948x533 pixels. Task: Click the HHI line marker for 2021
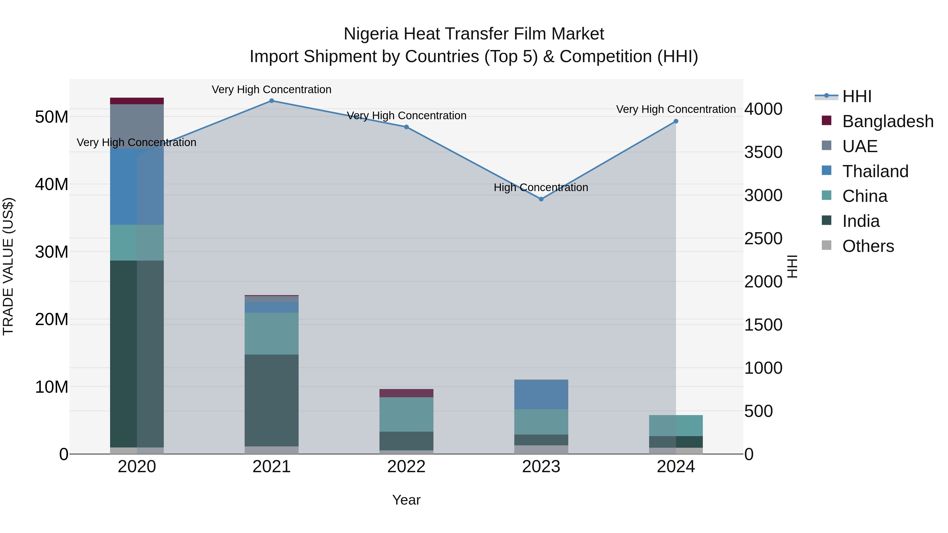pos(271,101)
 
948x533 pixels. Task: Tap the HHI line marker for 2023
pos(541,199)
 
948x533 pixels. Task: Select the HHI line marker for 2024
pos(676,121)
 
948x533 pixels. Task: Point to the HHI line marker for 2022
pos(406,127)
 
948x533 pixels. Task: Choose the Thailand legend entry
pos(875,171)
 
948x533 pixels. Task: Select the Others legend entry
pos(868,246)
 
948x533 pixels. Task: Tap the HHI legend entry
pos(857,96)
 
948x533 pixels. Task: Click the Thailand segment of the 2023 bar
pos(541,394)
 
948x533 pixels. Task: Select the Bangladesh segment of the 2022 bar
pos(406,393)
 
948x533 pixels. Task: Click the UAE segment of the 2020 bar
pos(137,126)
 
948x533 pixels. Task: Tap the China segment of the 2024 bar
pos(676,425)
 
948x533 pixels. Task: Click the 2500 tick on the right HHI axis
pos(763,239)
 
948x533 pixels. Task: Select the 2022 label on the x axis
pos(406,467)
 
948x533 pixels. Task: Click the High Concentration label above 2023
pos(541,188)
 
